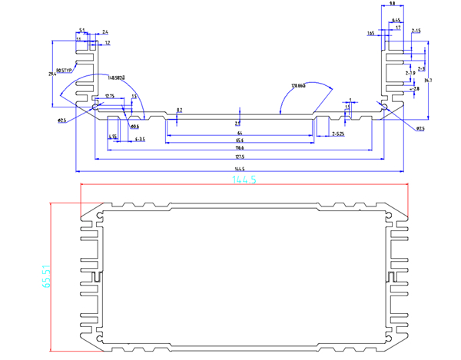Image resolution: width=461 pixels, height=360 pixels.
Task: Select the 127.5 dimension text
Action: (240, 156)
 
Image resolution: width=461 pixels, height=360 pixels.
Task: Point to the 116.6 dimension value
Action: (240, 147)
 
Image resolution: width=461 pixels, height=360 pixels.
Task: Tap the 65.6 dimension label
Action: (240, 140)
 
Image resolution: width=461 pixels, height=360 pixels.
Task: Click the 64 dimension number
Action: (240, 133)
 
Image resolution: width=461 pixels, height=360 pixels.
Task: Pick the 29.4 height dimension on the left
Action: (52, 74)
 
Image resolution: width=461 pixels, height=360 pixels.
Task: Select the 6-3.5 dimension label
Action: (140, 139)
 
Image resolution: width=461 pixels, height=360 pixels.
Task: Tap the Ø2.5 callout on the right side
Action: (420, 128)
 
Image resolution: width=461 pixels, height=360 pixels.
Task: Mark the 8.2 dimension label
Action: (179, 111)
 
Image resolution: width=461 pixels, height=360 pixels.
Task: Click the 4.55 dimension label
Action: (113, 136)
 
